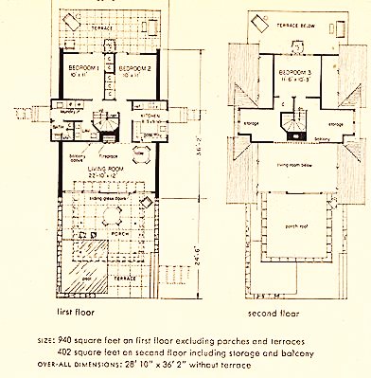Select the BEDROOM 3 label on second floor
(x=291, y=71)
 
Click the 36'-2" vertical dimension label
(x=198, y=147)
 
